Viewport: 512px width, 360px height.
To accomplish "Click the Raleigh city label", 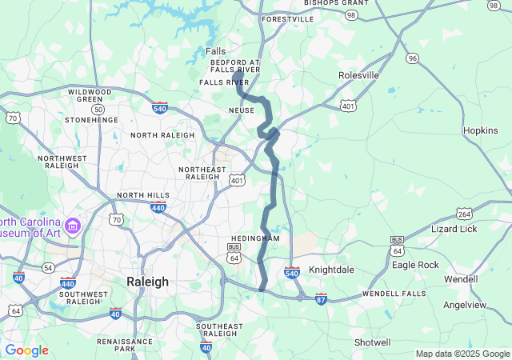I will click(x=148, y=282).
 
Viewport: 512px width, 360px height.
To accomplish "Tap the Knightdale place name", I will click(x=330, y=270).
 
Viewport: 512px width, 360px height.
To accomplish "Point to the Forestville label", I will click(x=287, y=18).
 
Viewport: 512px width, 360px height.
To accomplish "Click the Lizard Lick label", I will click(x=454, y=229).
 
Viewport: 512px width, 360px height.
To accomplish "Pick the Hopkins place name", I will click(x=480, y=130).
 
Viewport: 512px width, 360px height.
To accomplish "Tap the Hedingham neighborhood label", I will click(x=255, y=238).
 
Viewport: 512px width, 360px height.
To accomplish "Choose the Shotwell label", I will click(x=372, y=342).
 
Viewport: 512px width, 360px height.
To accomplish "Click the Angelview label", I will click(x=465, y=305).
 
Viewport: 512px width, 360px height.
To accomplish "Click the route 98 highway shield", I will click(x=351, y=15).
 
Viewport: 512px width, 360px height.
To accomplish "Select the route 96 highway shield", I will click(x=412, y=58).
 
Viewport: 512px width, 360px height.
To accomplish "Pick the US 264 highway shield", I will click(x=465, y=214).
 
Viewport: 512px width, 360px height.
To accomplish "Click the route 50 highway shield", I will click(x=98, y=108).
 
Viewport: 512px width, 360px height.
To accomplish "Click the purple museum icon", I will click(x=74, y=226).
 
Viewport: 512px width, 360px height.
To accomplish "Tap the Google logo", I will click(x=26, y=350).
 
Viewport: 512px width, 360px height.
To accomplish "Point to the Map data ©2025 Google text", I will click(x=462, y=354).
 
